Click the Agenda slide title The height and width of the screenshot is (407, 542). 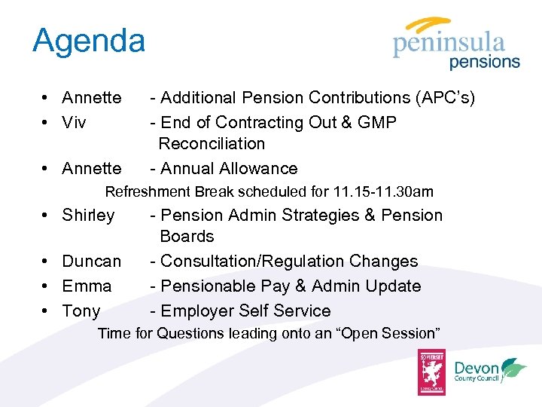pos(88,41)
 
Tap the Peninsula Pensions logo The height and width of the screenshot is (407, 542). pos(456,45)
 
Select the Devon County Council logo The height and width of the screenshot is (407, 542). pos(490,372)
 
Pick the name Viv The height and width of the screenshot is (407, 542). pos(74,122)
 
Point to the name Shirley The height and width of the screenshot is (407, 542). pos(88,216)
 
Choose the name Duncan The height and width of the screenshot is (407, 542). pos(91,262)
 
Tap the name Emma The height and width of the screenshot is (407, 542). pos(87,286)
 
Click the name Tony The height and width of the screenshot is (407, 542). pos(81,311)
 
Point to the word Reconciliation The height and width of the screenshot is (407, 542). pos(212,143)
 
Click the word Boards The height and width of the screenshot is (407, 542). pos(187,237)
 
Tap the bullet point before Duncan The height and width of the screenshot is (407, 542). pos(47,262)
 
